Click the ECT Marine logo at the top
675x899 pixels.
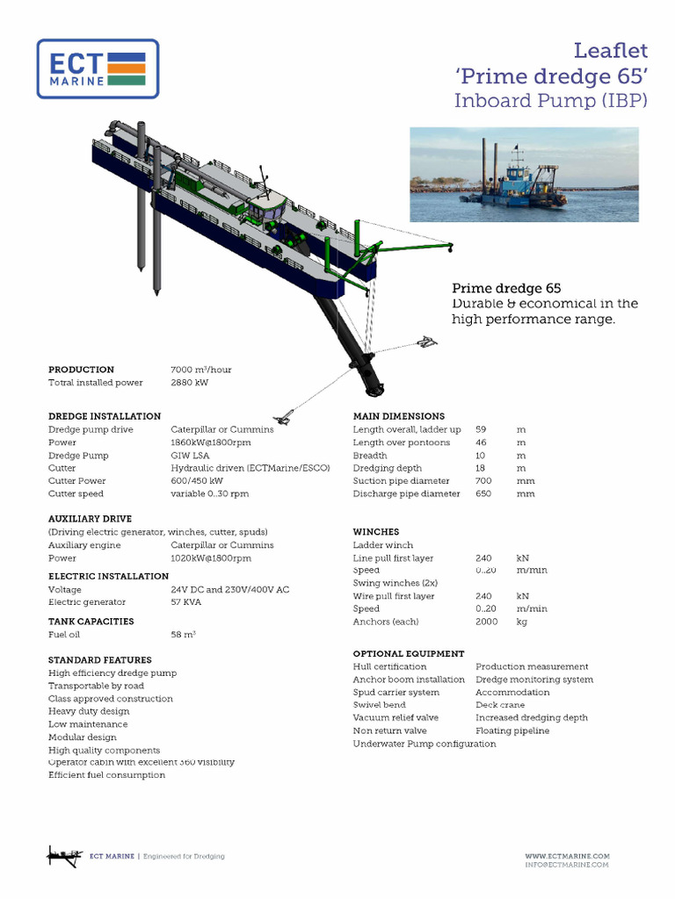click(98, 68)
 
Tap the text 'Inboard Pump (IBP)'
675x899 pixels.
click(550, 101)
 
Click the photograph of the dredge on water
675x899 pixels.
click(524, 174)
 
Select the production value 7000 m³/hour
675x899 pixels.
click(201, 370)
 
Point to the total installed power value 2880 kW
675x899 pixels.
click(189, 383)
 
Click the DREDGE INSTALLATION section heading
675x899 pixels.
click(105, 416)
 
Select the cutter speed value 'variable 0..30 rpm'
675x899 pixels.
click(209, 493)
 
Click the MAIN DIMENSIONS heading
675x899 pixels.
click(399, 416)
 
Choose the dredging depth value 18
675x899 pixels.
click(481, 468)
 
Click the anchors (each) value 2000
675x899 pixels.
click(486, 622)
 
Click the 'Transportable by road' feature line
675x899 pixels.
click(96, 686)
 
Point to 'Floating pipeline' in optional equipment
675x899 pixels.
click(512, 730)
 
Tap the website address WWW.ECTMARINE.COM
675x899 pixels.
click(567, 856)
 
